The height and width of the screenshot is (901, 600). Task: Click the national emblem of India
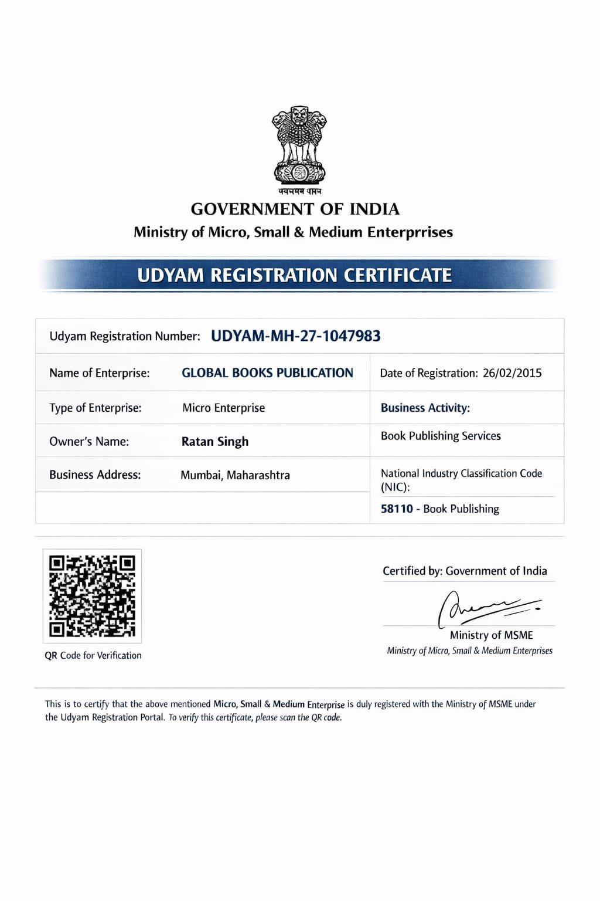(299, 146)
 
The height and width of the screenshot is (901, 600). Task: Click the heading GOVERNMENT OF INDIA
(295, 209)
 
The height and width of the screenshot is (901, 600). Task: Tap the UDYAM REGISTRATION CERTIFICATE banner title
(295, 275)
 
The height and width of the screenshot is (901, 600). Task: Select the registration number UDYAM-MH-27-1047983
(295, 336)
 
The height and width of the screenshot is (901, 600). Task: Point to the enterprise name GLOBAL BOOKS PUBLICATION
(267, 373)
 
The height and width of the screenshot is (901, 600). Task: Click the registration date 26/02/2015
(512, 373)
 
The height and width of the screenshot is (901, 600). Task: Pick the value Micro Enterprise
(223, 408)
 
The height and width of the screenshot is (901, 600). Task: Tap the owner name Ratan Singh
(215, 442)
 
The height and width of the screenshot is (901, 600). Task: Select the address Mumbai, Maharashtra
(235, 475)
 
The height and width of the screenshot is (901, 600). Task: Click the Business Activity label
(425, 408)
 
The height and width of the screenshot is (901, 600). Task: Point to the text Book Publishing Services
(441, 436)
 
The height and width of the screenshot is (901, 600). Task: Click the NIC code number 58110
(397, 509)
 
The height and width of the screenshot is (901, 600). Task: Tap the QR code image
(93, 596)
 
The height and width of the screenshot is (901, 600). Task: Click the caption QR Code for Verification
(93, 655)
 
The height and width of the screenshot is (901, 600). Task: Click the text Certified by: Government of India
(465, 571)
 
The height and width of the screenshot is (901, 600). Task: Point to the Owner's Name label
(89, 442)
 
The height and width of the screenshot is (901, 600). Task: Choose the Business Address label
(95, 475)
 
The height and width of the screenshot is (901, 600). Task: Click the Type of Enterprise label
(96, 408)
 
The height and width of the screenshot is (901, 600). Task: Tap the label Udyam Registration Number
(125, 336)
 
